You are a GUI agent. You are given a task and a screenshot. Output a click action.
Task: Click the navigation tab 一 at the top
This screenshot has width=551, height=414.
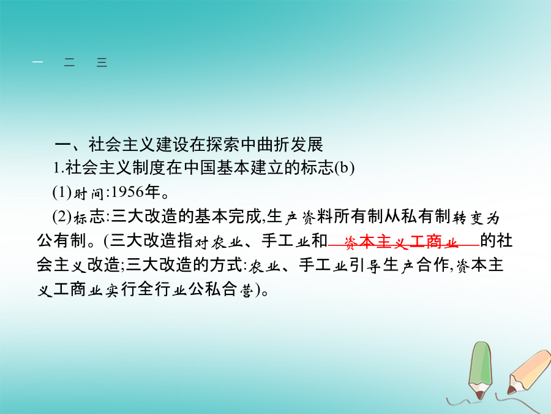(37, 63)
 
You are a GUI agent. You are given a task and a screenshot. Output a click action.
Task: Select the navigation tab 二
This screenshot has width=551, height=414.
(70, 63)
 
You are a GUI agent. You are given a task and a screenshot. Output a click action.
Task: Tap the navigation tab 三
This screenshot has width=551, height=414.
(102, 63)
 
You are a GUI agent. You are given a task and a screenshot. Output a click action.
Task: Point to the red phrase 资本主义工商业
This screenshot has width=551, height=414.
(401, 242)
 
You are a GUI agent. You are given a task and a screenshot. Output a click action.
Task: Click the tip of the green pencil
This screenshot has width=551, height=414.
(480, 399)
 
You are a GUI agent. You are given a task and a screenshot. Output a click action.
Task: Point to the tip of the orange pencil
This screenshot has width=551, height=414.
(509, 392)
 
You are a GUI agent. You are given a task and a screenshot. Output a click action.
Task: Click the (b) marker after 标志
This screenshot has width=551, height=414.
(344, 168)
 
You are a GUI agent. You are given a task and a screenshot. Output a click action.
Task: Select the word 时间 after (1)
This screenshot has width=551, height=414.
(88, 193)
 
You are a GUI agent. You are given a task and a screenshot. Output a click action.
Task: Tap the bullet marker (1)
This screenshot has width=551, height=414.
(62, 193)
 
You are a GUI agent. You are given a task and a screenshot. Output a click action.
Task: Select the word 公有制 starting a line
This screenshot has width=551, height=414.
(61, 241)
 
